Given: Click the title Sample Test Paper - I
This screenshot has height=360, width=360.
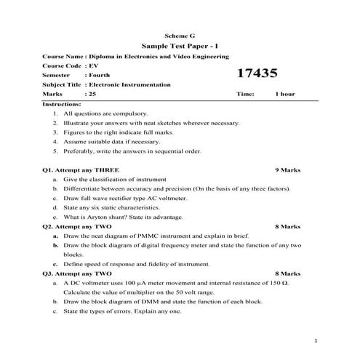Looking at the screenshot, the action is (180, 45).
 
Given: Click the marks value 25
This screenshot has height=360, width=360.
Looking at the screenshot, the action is (92, 95).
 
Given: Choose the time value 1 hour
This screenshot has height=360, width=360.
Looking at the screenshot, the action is (285, 95).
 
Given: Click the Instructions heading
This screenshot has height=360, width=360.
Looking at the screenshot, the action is (62, 105).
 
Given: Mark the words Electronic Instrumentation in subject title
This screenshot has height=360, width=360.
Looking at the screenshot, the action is (129, 84).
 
